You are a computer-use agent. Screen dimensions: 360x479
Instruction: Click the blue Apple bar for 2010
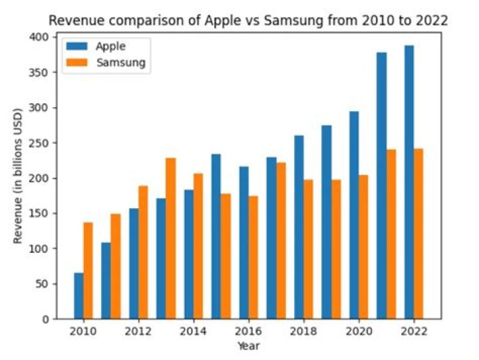click(79, 296)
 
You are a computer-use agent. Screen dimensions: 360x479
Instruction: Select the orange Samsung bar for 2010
click(88, 271)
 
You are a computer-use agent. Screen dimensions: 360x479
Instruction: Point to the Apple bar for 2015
click(216, 237)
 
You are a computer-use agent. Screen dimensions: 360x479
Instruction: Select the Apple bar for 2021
click(382, 186)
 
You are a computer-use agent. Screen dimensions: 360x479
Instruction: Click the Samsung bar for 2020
click(363, 247)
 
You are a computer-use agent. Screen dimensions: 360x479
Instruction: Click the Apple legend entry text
click(110, 47)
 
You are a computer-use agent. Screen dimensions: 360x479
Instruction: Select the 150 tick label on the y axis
click(40, 214)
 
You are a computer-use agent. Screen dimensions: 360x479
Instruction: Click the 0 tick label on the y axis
click(46, 319)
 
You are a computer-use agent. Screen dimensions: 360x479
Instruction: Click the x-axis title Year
click(248, 346)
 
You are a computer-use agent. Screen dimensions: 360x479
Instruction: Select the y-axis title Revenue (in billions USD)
click(18, 178)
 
